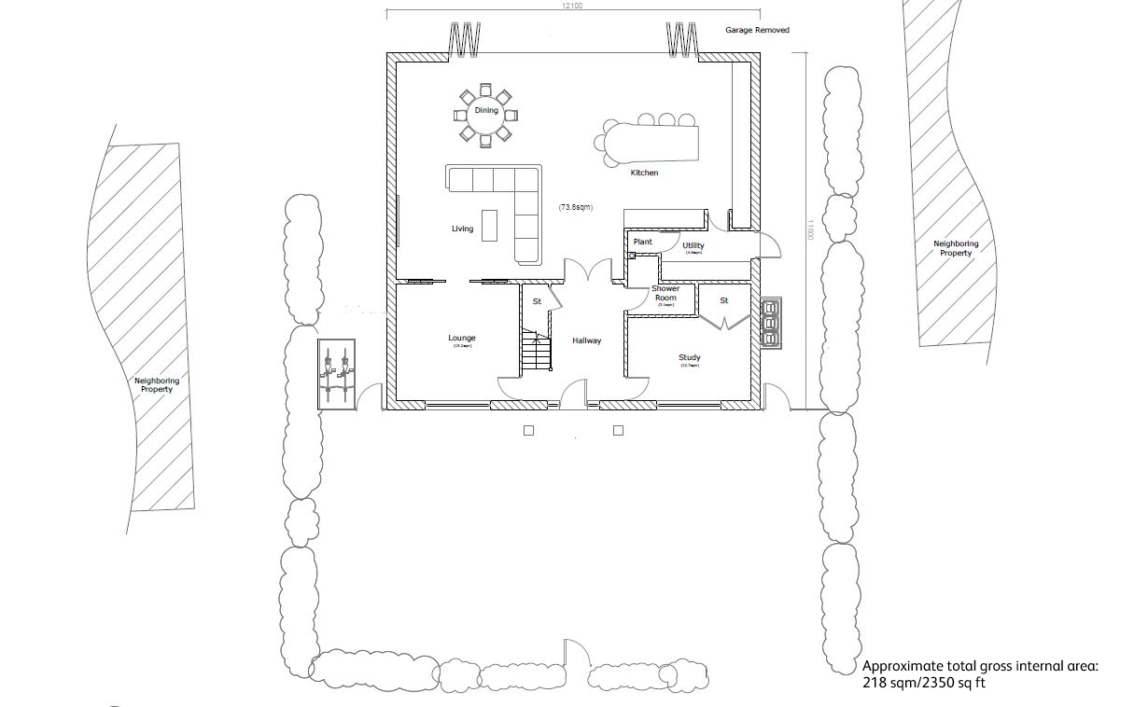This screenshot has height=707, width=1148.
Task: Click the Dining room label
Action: coord(486,111)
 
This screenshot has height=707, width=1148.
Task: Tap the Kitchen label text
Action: coord(644,173)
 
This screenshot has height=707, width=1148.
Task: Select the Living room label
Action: coord(462,229)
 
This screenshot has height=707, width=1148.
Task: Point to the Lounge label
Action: coord(462,339)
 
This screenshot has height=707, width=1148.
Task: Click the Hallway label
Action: coord(587,341)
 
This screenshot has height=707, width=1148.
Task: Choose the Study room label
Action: coord(690,358)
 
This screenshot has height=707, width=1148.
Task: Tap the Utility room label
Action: coord(693,246)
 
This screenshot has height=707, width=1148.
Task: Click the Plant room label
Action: coord(643,242)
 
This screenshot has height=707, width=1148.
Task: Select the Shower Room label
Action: coord(665,294)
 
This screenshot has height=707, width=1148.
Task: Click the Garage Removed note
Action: coord(757,31)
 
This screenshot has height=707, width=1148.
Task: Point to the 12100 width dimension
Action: coord(571,6)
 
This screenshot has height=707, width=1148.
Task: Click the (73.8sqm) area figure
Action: coord(577,206)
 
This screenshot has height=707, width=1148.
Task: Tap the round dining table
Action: coord(485,116)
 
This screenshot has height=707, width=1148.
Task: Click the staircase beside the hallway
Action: coord(536,353)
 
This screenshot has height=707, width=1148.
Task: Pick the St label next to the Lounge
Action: coord(537,301)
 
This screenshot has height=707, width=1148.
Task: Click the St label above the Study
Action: coord(723,300)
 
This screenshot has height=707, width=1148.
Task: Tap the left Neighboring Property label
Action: coord(157,384)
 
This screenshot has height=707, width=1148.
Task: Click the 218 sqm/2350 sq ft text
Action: coord(923,683)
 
